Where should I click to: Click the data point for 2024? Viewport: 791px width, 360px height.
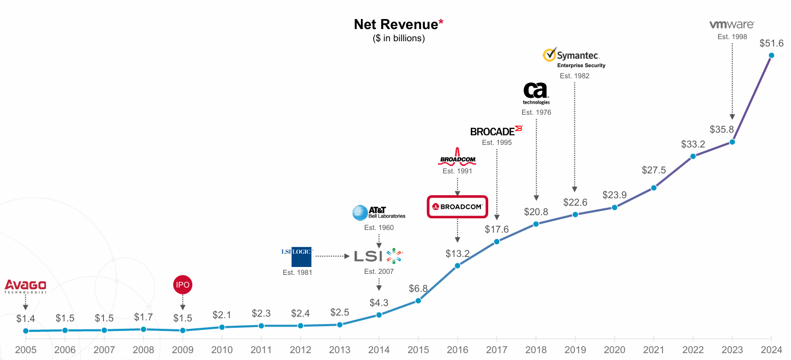pyautogui.click(x=771, y=56)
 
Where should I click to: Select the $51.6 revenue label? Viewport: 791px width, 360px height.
pyautogui.click(x=771, y=43)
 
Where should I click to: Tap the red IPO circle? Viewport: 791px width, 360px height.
pyautogui.click(x=182, y=285)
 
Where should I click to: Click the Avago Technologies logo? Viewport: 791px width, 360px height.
pyautogui.click(x=25, y=286)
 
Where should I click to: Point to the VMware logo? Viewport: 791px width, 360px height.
pyautogui.click(x=731, y=24)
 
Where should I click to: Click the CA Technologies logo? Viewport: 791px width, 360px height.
pyautogui.click(x=536, y=93)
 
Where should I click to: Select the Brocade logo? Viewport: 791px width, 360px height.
pyautogui.click(x=496, y=131)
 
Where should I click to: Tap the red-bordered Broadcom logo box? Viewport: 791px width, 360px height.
pyautogui.click(x=457, y=207)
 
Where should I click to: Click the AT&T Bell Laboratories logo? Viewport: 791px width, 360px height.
pyautogui.click(x=378, y=213)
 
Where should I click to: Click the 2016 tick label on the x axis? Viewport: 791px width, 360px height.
pyautogui.click(x=457, y=350)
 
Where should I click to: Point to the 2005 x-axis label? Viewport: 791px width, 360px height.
pyautogui.click(x=25, y=350)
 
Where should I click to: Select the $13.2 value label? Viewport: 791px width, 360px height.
pyautogui.click(x=457, y=253)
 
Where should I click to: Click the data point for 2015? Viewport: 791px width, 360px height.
pyautogui.click(x=418, y=301)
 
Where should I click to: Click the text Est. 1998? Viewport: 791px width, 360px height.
pyautogui.click(x=732, y=36)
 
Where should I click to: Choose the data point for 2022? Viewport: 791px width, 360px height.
pyautogui.click(x=693, y=156)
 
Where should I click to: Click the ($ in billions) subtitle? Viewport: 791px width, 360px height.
pyautogui.click(x=398, y=38)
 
